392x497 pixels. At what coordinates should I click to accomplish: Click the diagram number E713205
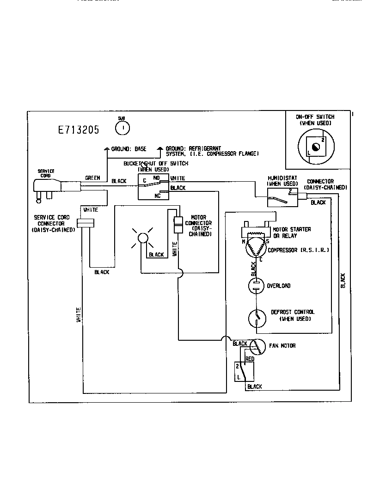click(x=79, y=130)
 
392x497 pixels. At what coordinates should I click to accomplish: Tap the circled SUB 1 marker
click(x=122, y=127)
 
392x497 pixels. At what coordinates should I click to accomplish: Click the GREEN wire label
click(x=92, y=178)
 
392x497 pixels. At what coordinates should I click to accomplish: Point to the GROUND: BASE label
click(x=129, y=149)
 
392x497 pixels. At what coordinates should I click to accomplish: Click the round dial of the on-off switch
click(x=315, y=147)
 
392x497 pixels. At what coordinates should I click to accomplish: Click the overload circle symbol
click(x=256, y=286)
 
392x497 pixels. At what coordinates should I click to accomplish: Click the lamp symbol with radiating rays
click(x=142, y=239)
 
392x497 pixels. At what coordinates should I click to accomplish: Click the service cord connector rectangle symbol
click(x=85, y=224)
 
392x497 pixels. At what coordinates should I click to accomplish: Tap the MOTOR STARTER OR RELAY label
click(x=292, y=233)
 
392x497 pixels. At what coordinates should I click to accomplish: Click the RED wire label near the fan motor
click(x=250, y=359)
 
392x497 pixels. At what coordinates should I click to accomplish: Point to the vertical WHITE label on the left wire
click(x=80, y=314)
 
